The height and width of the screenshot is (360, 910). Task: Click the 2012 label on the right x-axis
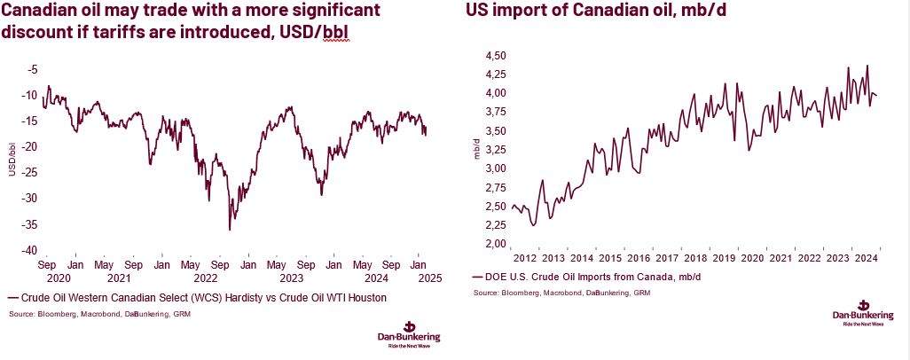click(525, 258)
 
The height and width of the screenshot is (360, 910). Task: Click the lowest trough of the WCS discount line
click(230, 230)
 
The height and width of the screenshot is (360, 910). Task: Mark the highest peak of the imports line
click(867, 66)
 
